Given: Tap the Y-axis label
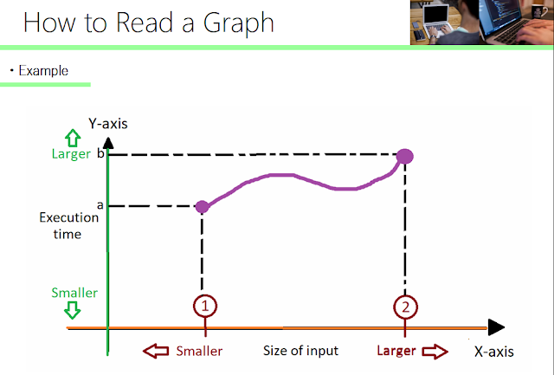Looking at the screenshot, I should click(x=108, y=123).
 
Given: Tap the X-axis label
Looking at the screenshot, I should click(x=493, y=352).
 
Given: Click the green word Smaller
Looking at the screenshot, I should click(x=74, y=293).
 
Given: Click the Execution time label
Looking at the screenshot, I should click(x=69, y=226).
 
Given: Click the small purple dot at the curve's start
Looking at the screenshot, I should click(x=203, y=206).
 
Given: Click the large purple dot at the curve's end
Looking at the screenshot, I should click(x=404, y=156).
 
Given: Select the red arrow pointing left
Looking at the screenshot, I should click(x=156, y=352).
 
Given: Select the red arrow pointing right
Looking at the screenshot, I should click(x=435, y=352).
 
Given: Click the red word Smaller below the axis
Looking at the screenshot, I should click(x=199, y=352).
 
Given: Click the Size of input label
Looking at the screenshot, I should click(x=300, y=352).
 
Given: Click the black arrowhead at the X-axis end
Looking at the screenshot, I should click(x=495, y=327).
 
